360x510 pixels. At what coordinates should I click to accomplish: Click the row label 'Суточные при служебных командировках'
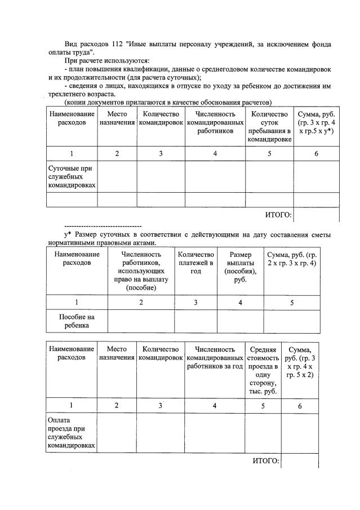point(71,176)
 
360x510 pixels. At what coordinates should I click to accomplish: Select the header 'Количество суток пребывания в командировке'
point(269,127)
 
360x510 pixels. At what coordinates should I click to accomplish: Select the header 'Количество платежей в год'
point(195,263)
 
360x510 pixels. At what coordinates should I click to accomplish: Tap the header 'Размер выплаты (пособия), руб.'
point(241,267)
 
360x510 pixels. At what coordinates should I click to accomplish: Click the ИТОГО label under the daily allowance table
point(278,215)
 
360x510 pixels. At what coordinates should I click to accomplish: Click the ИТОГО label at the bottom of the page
point(266,461)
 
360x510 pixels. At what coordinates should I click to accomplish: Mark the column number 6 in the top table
point(316,153)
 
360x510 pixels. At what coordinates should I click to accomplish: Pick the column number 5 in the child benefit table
point(291,302)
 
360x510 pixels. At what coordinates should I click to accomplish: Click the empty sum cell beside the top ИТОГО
point(316,215)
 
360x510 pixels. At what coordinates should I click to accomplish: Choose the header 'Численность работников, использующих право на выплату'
point(141,270)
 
